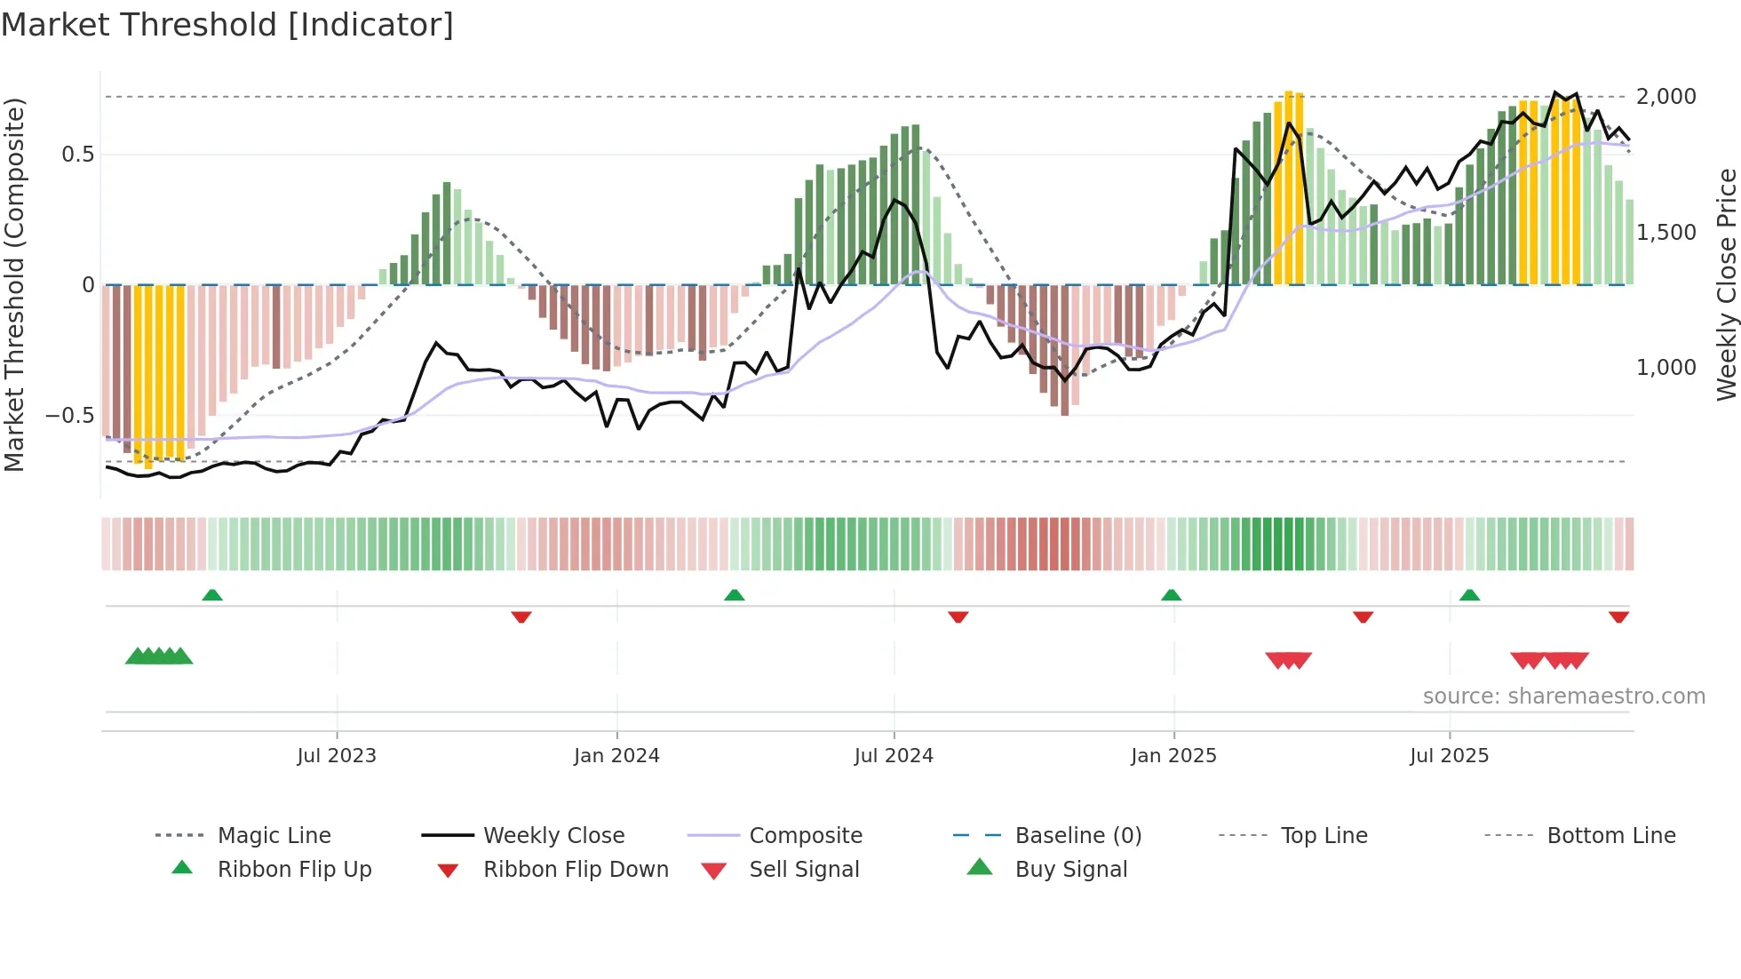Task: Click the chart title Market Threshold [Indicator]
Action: point(227,25)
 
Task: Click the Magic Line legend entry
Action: point(274,835)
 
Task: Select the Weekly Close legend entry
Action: point(553,835)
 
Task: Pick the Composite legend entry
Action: point(806,835)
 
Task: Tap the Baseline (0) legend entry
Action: point(1077,835)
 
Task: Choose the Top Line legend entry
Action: point(1324,835)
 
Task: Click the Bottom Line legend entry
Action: point(1610,835)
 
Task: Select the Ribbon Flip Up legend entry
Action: point(294,869)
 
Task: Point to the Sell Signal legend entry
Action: point(804,869)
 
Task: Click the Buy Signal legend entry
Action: point(1070,869)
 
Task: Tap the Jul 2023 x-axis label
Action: point(337,755)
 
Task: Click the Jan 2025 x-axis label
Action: point(1173,755)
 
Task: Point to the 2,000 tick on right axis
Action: point(1665,96)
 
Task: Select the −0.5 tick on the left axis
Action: point(69,415)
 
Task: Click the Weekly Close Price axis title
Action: point(1726,284)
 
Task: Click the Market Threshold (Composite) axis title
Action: point(14,284)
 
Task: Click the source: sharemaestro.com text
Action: point(1563,696)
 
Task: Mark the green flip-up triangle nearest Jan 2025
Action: point(1171,595)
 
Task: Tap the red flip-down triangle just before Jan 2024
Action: point(521,617)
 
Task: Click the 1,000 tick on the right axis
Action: point(1665,367)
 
